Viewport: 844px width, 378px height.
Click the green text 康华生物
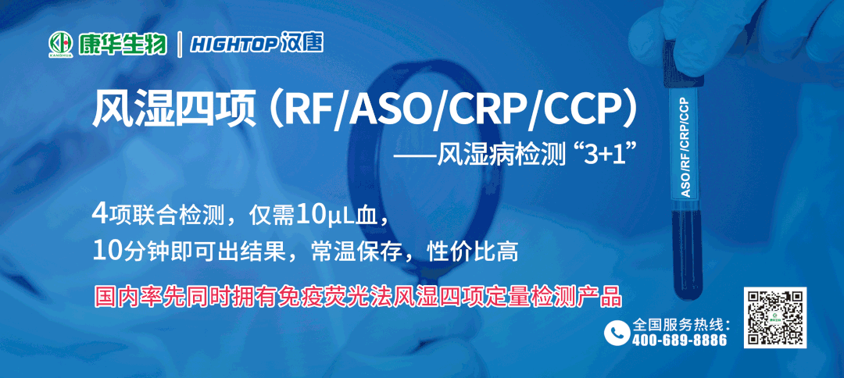[122, 44]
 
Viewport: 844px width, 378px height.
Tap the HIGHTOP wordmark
[234, 44]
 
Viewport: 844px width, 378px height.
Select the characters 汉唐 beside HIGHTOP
[302, 44]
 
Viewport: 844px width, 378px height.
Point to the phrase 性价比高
[472, 251]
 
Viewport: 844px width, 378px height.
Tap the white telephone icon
[617, 332]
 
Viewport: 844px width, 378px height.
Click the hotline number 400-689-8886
[679, 340]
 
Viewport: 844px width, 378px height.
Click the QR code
[775, 317]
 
